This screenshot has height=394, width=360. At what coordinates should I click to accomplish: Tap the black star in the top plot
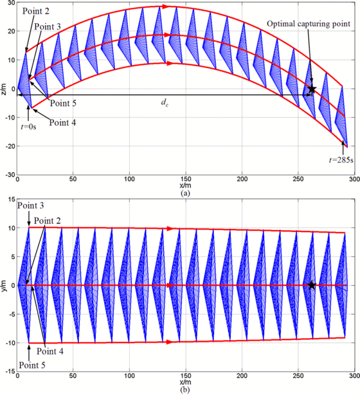312,89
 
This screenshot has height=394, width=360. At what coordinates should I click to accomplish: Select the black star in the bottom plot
312,285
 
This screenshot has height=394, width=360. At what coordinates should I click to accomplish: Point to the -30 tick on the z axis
10,175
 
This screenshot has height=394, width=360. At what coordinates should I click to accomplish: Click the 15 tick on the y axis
11,199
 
